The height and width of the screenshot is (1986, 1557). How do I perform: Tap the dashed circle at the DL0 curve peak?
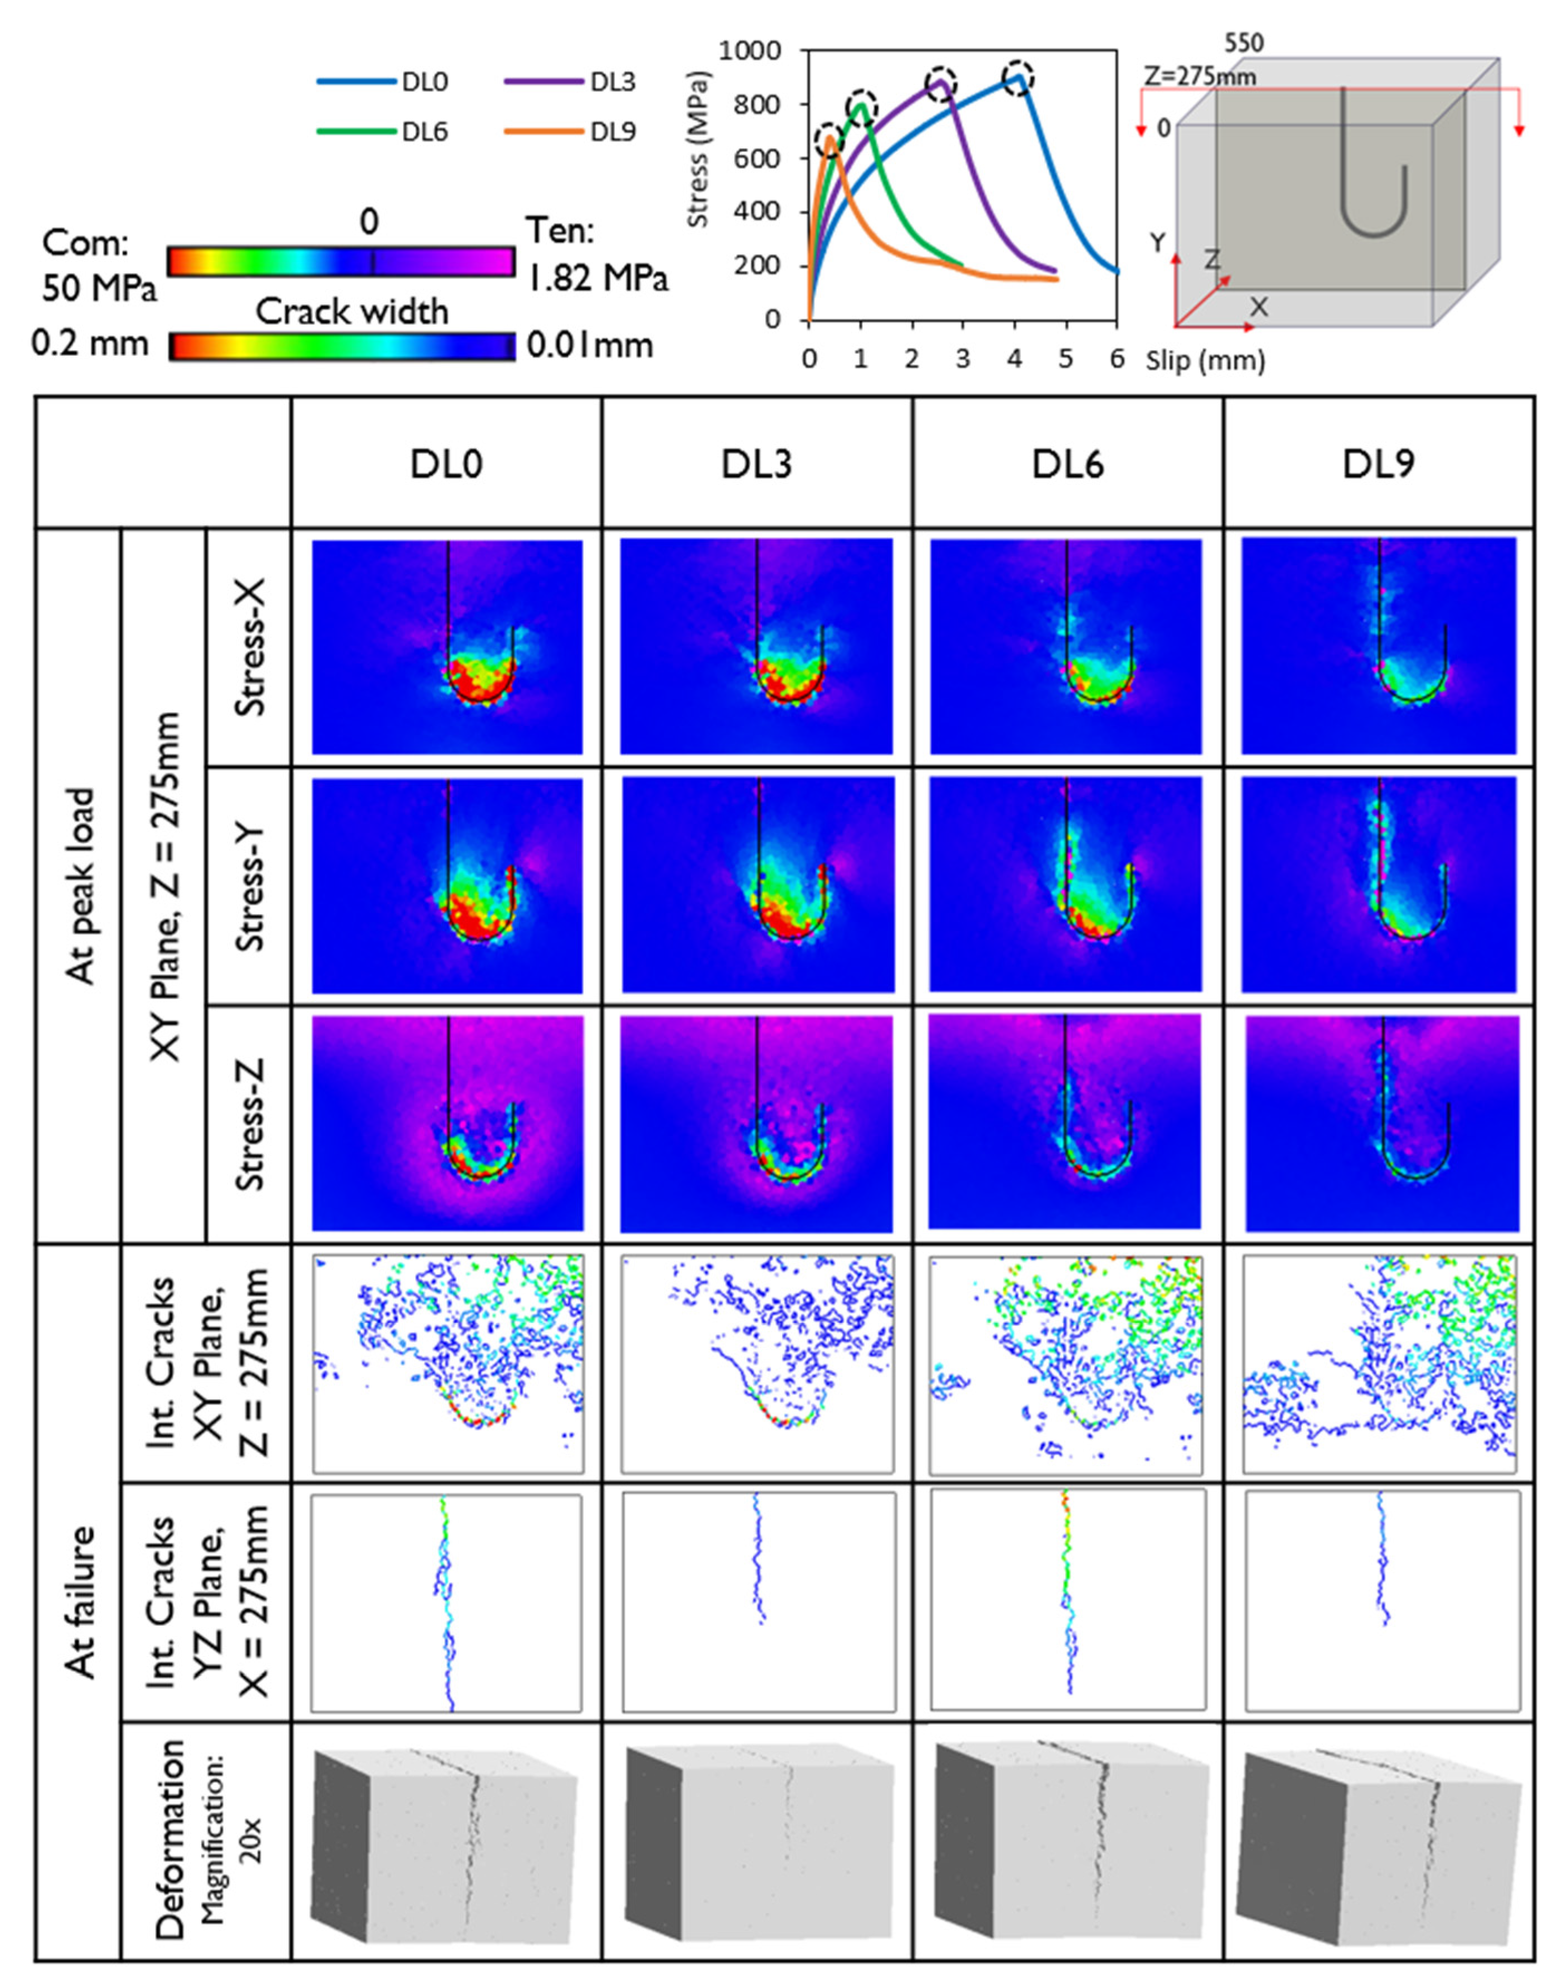coord(1018,77)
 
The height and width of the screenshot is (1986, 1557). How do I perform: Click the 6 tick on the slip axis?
coord(1116,359)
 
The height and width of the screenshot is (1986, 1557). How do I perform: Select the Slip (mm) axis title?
coord(1205,361)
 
